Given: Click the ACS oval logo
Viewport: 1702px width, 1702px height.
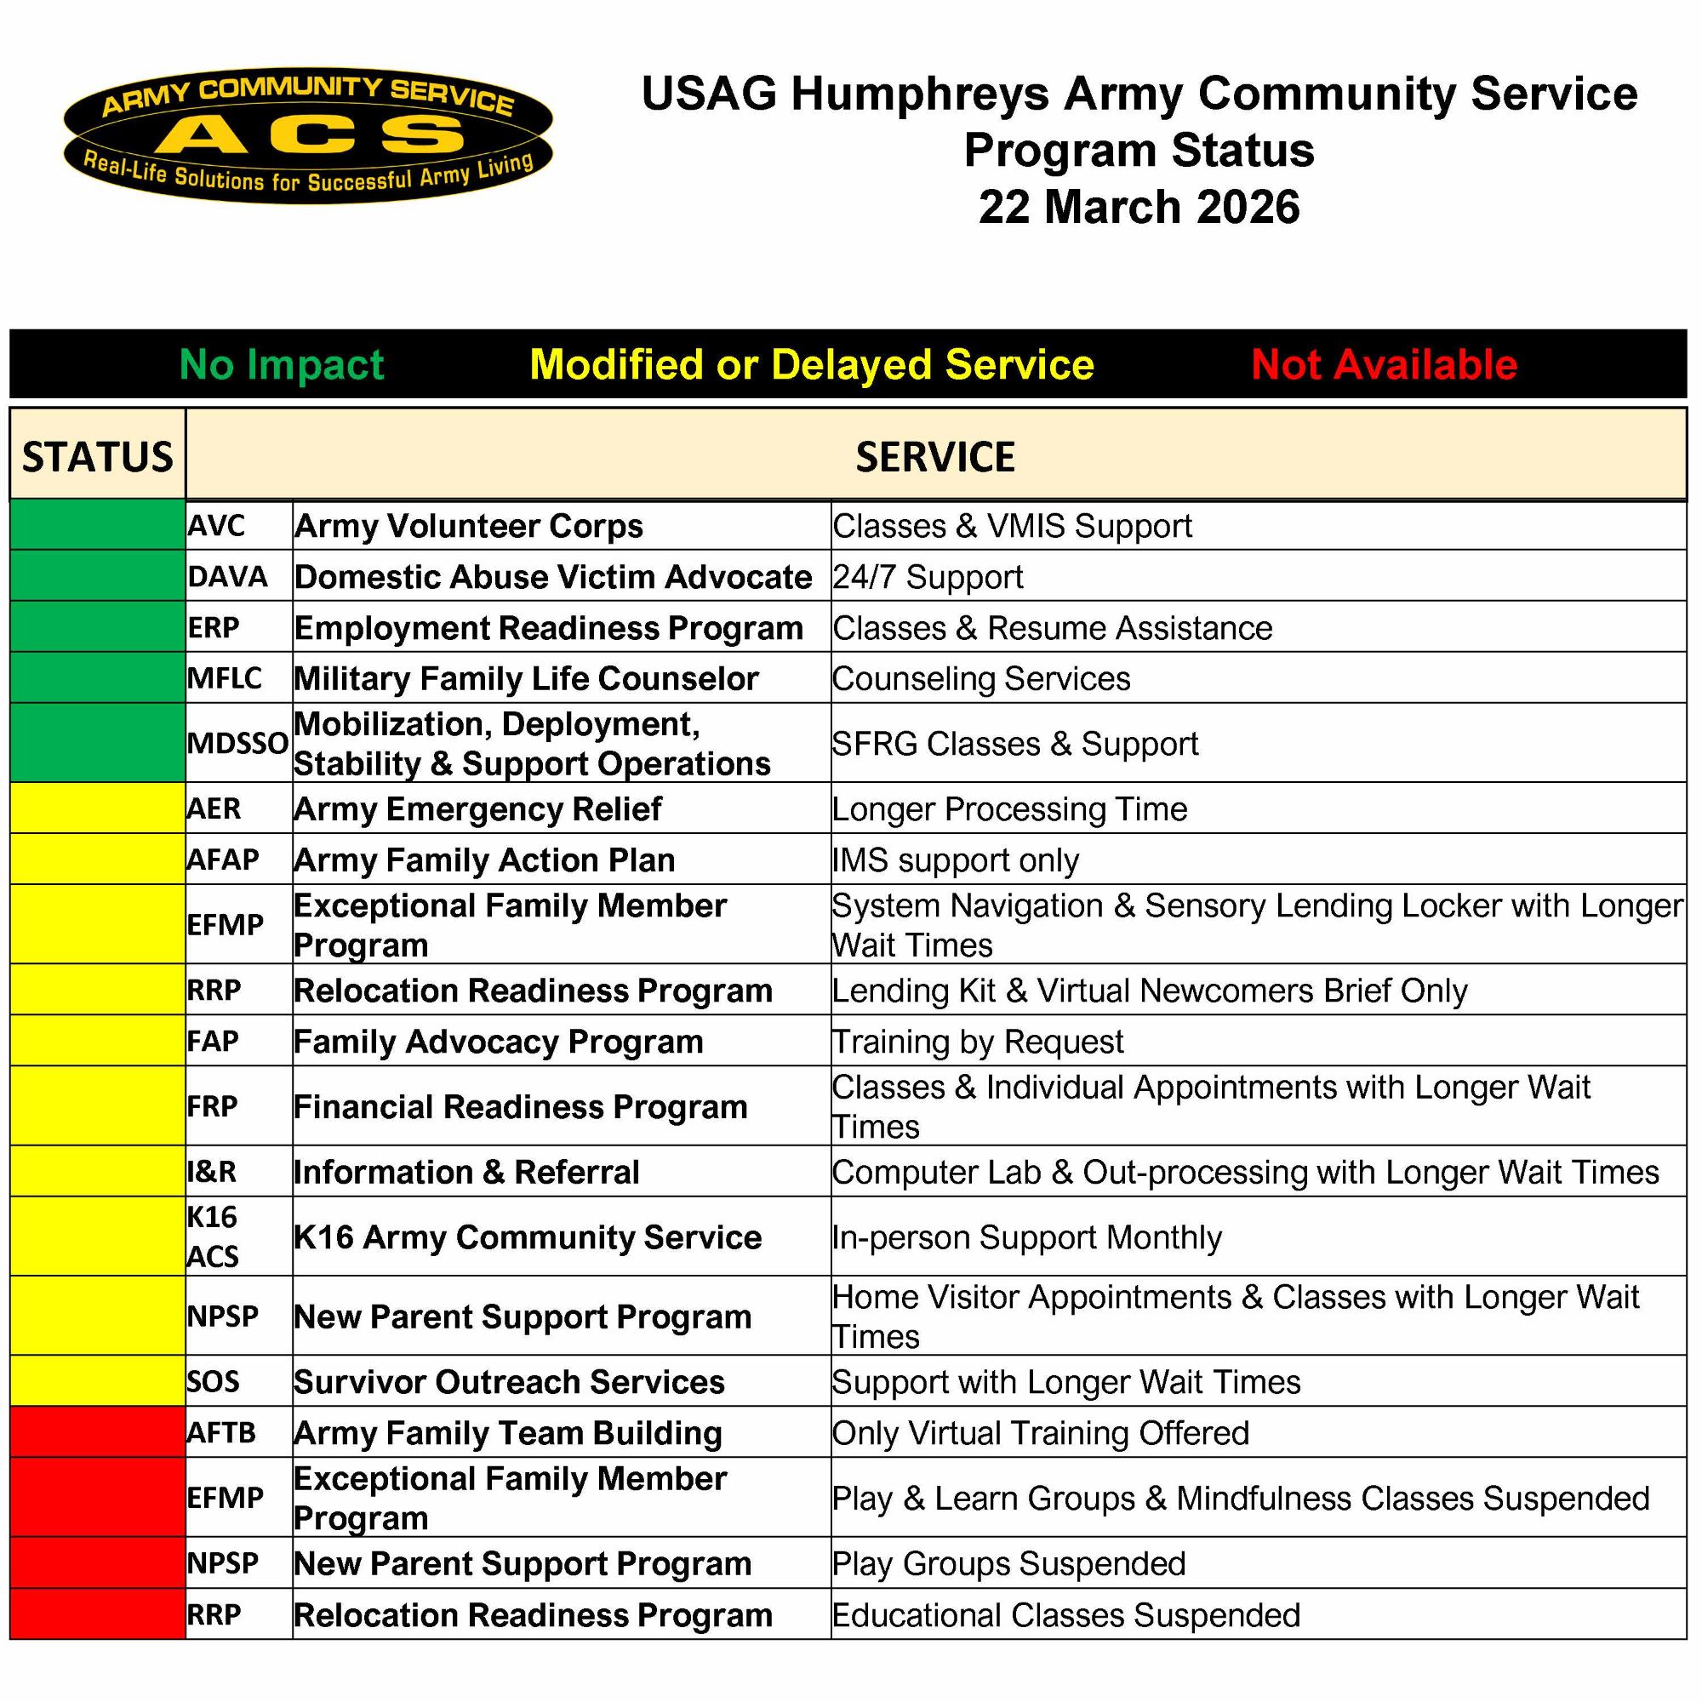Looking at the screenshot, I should pos(307,134).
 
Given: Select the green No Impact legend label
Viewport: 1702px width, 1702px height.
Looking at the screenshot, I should pos(282,365).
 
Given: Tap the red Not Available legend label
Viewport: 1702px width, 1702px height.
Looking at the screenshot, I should pos(1383,365).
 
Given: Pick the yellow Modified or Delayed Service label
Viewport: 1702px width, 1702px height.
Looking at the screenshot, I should pos(811,365).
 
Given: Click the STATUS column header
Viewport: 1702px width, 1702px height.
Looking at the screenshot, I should pos(97,456).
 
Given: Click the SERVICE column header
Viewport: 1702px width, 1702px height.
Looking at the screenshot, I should pos(934,456).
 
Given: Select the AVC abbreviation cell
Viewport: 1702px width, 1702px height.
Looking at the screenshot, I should pos(217,526).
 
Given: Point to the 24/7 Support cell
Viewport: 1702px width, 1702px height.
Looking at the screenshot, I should pos(928,577).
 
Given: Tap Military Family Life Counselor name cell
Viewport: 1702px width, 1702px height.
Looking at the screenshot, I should pos(526,678).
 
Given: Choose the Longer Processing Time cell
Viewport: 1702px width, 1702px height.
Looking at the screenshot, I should pos(1009,808).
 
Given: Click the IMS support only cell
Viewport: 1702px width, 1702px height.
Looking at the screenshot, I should pos(956,860).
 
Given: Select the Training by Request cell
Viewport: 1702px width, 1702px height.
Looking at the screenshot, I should pos(978,1042).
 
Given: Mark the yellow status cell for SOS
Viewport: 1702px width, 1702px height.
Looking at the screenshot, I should pos(97,1381).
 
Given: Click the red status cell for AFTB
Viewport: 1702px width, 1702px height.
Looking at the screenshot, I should pos(97,1432).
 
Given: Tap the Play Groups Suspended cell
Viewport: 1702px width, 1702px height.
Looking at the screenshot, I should pos(1009,1563).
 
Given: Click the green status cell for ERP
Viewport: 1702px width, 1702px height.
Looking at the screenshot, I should pos(97,627).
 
